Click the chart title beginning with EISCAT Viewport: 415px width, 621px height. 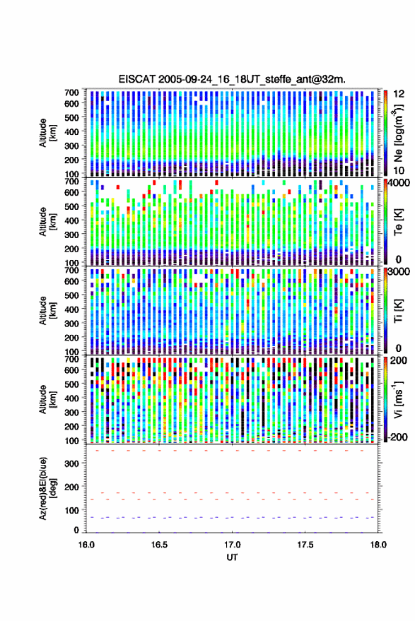tap(232, 79)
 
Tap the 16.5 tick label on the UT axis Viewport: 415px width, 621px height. tap(159, 545)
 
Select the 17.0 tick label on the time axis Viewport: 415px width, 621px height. tap(232, 545)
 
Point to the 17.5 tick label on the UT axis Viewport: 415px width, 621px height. tap(305, 545)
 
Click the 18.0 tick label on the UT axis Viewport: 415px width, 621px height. tap(378, 545)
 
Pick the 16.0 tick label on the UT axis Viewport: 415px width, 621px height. tap(86, 545)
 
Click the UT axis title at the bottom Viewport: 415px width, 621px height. tap(232, 557)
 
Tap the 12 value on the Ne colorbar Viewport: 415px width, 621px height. tap(399, 94)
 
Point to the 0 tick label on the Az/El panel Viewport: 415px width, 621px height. tap(77, 530)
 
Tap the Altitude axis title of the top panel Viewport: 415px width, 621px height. tap(47, 133)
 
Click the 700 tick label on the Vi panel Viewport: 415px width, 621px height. tap(71, 360)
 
